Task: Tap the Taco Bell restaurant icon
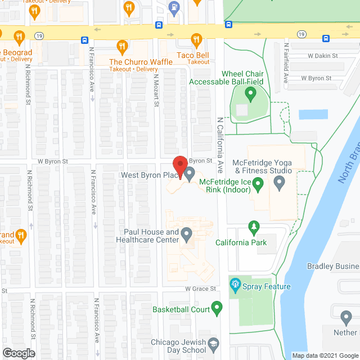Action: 196,39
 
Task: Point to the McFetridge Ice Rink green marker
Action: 258,183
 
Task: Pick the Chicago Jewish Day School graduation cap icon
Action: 213,343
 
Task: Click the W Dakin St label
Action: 322,56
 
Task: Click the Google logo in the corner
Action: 18,353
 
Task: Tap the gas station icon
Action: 175,8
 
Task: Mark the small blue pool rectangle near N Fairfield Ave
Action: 313,115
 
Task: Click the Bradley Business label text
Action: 332,266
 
